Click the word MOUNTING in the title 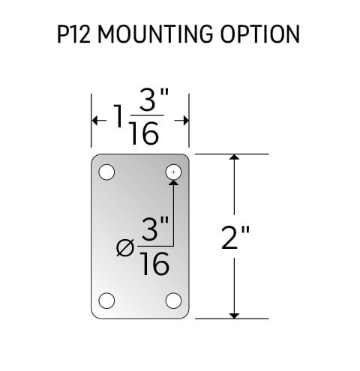155,34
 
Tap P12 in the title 73,34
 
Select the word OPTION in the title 260,34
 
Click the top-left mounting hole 106,172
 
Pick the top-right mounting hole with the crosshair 173,172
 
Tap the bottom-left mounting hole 106,301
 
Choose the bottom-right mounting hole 173,301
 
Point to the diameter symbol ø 125,247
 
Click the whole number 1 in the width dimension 119,116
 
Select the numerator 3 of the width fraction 148,100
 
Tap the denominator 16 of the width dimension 145,133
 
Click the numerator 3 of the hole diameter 151,229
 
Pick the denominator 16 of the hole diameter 155,263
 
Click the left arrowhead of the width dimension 94,121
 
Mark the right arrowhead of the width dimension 186,121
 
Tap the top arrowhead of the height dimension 234,157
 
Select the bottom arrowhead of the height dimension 234,316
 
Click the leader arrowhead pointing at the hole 173,183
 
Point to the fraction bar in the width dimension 148,115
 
